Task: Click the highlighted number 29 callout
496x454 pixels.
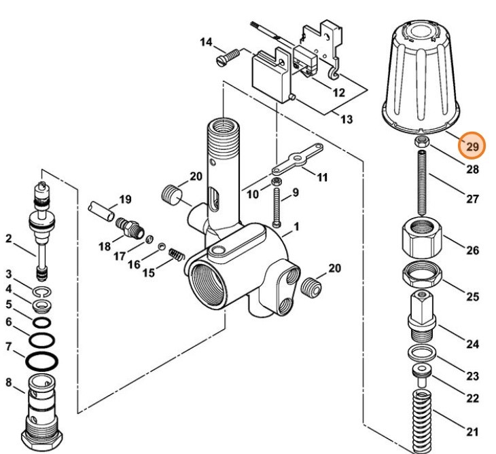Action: tap(472, 145)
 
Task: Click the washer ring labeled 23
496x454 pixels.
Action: tap(421, 353)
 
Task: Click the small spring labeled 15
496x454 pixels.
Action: tap(177, 257)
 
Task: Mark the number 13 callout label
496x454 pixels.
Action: tap(347, 119)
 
